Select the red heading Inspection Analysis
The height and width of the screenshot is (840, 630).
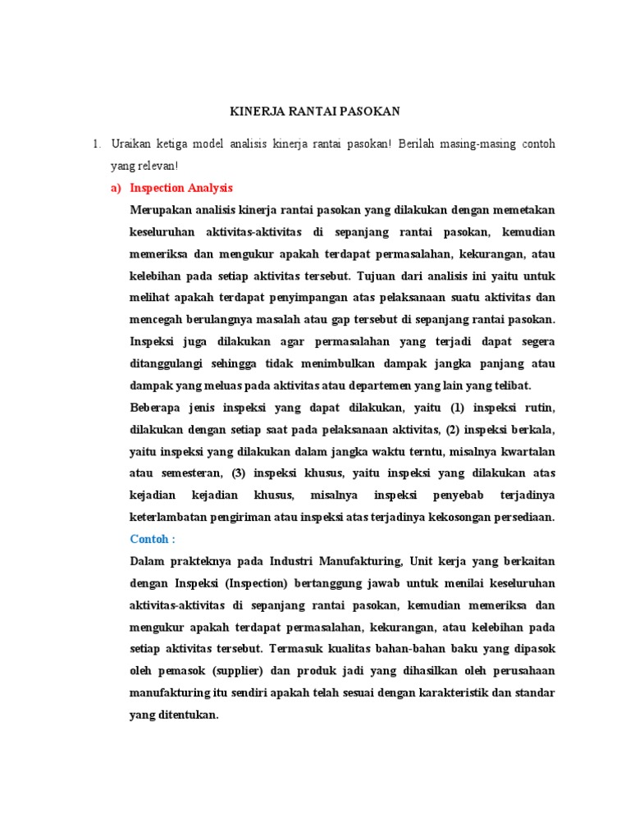[x=181, y=188]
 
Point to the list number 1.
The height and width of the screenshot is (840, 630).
[x=95, y=144]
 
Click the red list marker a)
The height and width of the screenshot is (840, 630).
[x=116, y=188]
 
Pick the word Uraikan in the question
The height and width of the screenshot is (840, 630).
[x=132, y=144]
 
